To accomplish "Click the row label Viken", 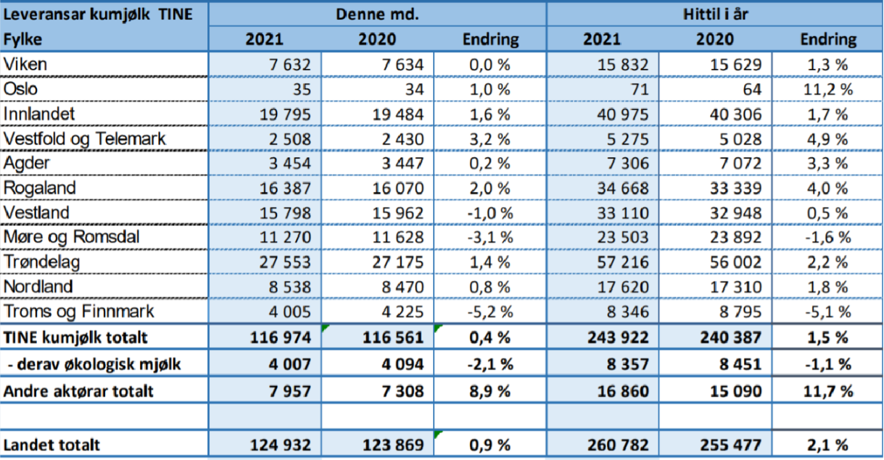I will pyautogui.click(x=25, y=64).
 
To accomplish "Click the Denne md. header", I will pyautogui.click(x=378, y=14).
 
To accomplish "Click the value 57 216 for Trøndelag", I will pyautogui.click(x=619, y=262).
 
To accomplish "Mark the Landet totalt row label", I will pyautogui.click(x=52, y=445).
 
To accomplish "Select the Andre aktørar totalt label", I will pyautogui.click(x=79, y=392).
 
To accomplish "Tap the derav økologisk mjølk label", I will pyautogui.click(x=94, y=364).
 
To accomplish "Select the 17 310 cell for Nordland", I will pyautogui.click(x=732, y=287).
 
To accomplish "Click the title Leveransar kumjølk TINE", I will pyautogui.click(x=93, y=14).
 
